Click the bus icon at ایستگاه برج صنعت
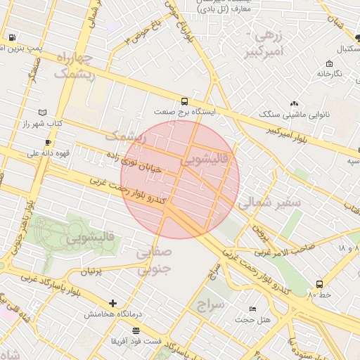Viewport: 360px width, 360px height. pos(184,101)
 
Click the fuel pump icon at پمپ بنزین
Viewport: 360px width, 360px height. pos(12,37)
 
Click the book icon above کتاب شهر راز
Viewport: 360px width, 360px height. pos(42,112)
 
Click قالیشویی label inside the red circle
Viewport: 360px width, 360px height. pos(205,161)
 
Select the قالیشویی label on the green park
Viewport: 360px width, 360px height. pos(91,238)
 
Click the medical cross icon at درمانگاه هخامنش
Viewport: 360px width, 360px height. pos(113,303)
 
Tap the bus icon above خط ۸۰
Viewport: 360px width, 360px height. pos(320,285)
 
